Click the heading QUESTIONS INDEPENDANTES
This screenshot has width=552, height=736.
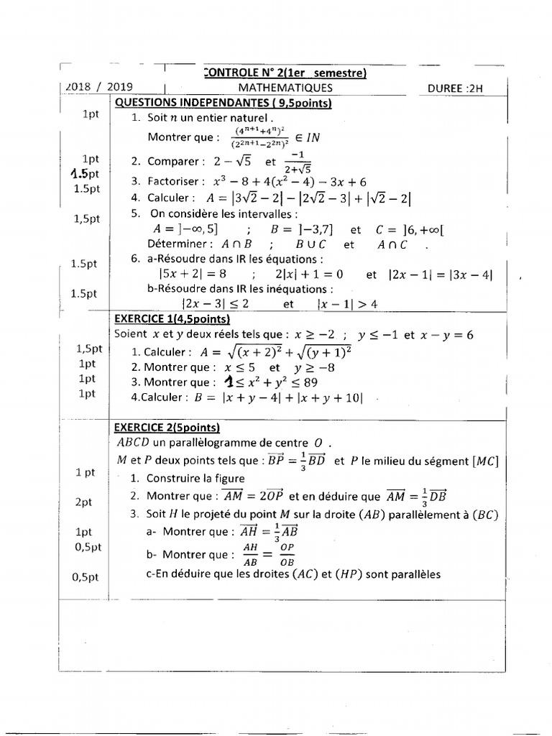[223, 103]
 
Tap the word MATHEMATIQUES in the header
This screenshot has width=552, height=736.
[285, 88]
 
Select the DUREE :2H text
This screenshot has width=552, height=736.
[456, 89]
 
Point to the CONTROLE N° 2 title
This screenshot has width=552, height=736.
[285, 73]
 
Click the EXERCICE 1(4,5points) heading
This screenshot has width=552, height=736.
[172, 319]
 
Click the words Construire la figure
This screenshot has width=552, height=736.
[195, 478]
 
